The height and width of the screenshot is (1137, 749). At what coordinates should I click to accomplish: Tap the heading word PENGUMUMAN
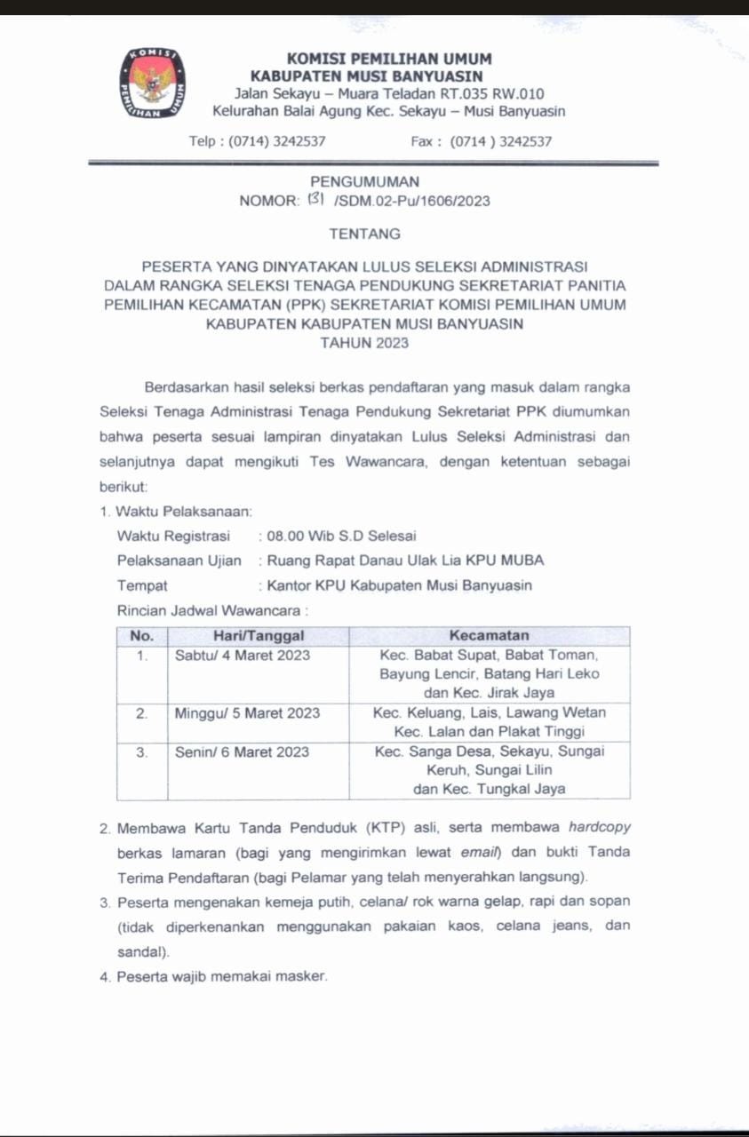pyautogui.click(x=364, y=182)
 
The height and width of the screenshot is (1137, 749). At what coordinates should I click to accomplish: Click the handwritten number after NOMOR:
pyautogui.click(x=316, y=200)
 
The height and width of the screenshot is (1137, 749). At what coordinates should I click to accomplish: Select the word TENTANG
pyautogui.click(x=364, y=235)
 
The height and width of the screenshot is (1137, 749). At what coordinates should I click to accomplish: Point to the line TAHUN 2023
pyautogui.click(x=364, y=343)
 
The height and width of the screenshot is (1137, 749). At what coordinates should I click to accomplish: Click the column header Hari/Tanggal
pyautogui.click(x=259, y=636)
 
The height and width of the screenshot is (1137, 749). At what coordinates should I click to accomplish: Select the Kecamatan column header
pyautogui.click(x=489, y=636)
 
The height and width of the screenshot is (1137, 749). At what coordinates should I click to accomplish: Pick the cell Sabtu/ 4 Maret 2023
pyautogui.click(x=243, y=656)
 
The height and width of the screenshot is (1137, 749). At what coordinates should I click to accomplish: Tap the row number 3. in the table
pyautogui.click(x=141, y=752)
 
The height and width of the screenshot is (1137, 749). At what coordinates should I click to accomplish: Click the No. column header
pyautogui.click(x=142, y=636)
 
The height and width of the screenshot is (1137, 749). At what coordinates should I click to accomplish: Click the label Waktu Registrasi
pyautogui.click(x=173, y=536)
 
